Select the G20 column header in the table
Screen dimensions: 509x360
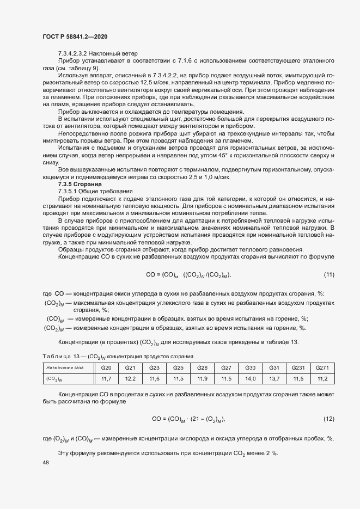[x=107, y=368]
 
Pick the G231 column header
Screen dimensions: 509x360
[x=297, y=368]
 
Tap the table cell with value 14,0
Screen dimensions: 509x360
[x=250, y=378]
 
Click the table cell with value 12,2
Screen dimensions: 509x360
[x=130, y=378]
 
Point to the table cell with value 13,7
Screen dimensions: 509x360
[x=274, y=378]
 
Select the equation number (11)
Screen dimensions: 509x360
[x=328, y=274]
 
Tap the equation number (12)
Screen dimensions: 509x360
[x=328, y=419]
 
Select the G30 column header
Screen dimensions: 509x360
[x=250, y=368]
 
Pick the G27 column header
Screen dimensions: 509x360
[x=226, y=368]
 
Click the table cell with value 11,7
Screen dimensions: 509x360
[x=107, y=378]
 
